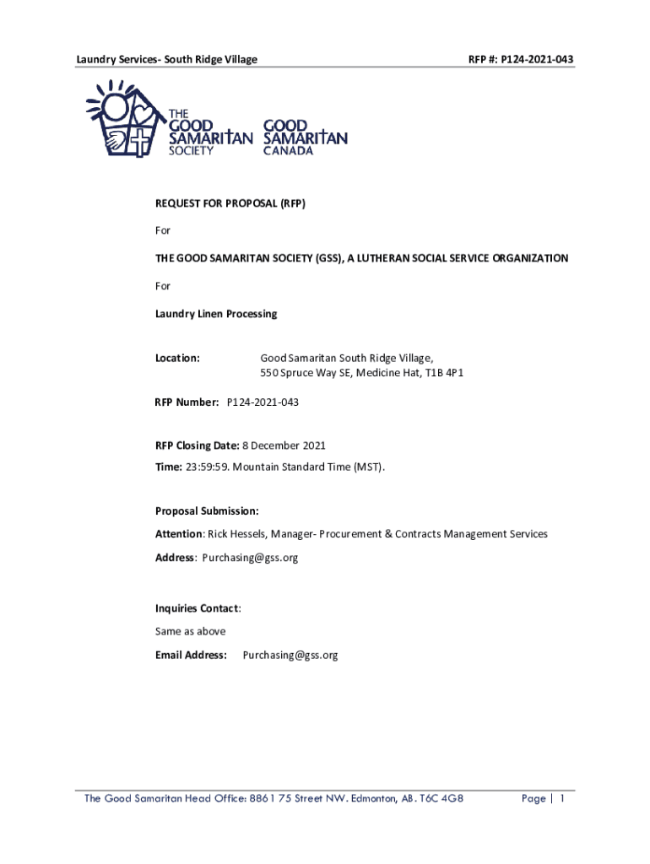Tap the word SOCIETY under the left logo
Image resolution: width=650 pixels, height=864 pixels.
tap(192, 151)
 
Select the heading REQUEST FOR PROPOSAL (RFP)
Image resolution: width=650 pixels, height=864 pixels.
tap(224, 203)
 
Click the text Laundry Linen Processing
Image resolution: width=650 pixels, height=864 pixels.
tap(215, 314)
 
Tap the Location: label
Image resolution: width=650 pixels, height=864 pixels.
tap(177, 359)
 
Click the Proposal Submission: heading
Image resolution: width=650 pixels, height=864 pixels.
tap(207, 510)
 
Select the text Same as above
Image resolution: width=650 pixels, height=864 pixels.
tap(190, 631)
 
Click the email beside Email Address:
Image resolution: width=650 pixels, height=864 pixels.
tap(290, 655)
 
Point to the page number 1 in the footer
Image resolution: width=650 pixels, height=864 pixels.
tap(561, 799)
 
